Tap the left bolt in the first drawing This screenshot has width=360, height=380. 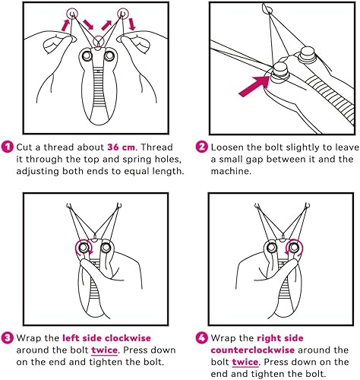click(85, 56)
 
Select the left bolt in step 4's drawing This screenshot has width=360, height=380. click(269, 248)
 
